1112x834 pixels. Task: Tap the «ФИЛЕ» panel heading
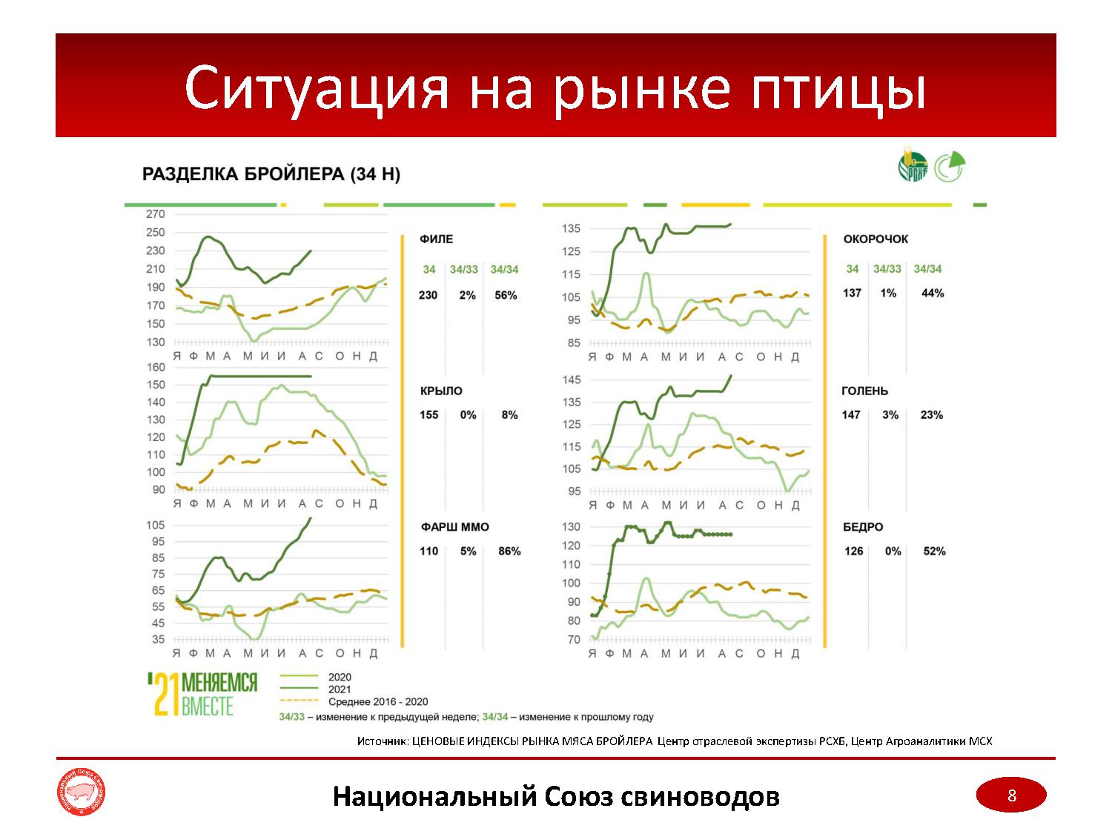click(436, 239)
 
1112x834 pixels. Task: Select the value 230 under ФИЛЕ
click(428, 295)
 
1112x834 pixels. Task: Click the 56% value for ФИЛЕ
click(505, 295)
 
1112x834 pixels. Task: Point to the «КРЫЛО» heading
click(441, 391)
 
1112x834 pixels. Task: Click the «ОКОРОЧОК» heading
click(876, 239)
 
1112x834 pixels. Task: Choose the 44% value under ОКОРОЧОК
click(933, 294)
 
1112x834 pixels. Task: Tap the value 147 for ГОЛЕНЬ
click(851, 415)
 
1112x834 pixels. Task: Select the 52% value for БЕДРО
click(934, 552)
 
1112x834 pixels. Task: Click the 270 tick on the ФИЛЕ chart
click(155, 214)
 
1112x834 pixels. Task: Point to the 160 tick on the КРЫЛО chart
click(156, 368)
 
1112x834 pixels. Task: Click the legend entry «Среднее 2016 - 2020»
click(377, 702)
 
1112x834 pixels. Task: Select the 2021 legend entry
click(340, 689)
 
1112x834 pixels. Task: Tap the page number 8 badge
click(1011, 796)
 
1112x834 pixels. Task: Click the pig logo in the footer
click(81, 796)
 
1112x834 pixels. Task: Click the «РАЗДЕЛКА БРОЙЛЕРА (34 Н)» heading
click(271, 175)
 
